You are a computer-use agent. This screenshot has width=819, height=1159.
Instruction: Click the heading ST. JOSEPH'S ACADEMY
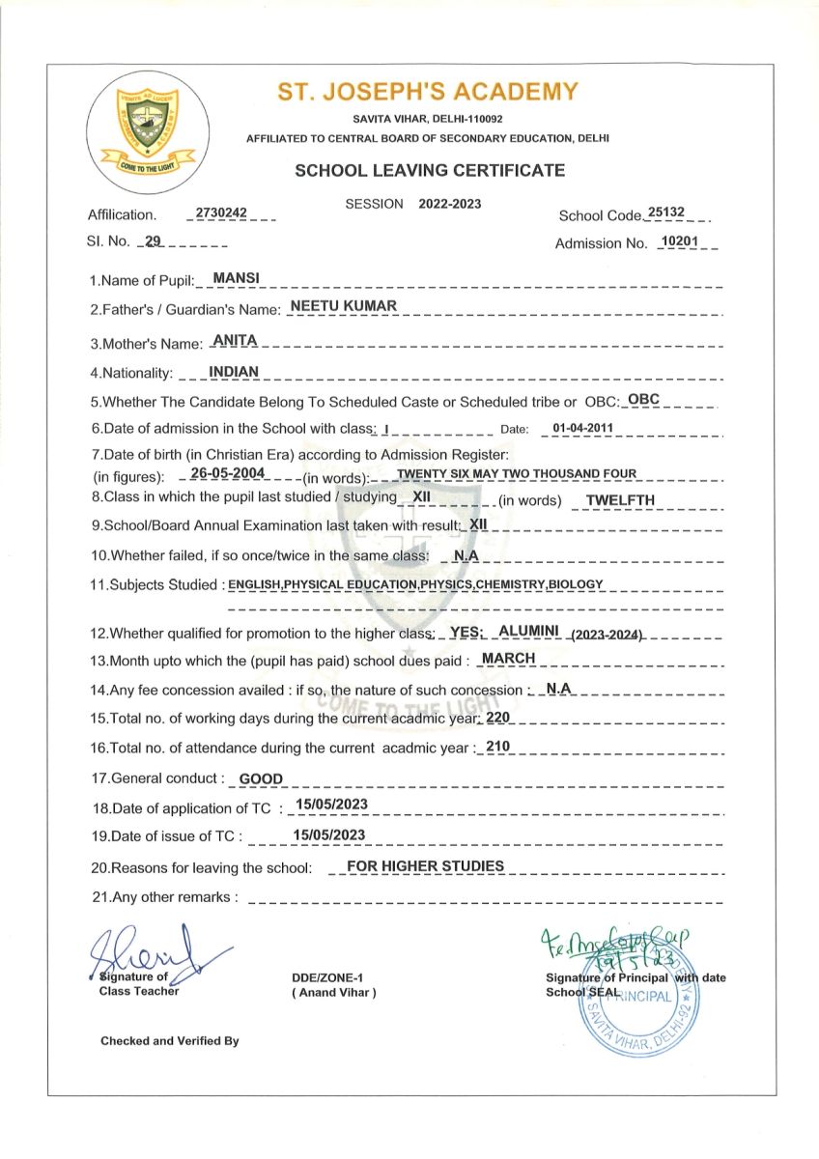pos(428,93)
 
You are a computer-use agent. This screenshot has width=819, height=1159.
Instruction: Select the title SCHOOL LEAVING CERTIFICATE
pos(429,171)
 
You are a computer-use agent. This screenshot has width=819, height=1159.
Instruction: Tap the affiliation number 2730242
pos(221,212)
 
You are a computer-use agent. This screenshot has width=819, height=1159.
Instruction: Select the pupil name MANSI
pos(231,278)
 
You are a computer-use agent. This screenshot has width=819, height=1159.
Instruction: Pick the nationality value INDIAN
pos(234,371)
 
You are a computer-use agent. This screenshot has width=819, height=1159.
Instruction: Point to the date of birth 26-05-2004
pos(228,473)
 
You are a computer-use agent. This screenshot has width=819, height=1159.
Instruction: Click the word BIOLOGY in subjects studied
pos(576,584)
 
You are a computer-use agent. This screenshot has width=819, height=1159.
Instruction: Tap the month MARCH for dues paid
pos(508,658)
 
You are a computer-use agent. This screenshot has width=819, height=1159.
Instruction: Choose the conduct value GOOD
pos(261,778)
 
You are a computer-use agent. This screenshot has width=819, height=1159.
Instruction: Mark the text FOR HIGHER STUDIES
pos(425,866)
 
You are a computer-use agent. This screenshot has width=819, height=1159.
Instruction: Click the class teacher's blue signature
pos(150,951)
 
